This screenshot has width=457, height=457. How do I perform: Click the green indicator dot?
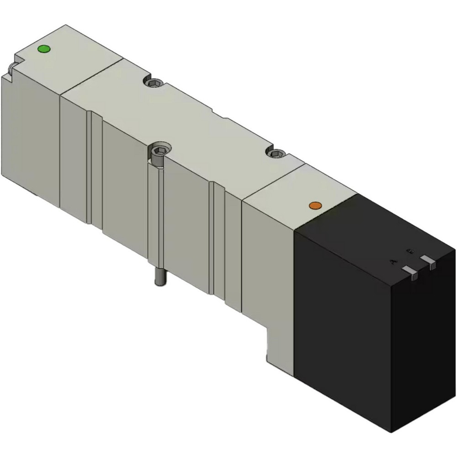[44, 49]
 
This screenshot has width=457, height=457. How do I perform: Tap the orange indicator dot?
[314, 206]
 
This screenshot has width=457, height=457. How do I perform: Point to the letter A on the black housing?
[392, 261]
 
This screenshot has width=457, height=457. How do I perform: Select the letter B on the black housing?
[410, 251]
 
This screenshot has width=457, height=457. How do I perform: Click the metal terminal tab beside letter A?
[411, 273]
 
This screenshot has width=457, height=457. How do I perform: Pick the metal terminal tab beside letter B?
[429, 260]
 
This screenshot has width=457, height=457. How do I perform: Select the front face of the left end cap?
[30, 137]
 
